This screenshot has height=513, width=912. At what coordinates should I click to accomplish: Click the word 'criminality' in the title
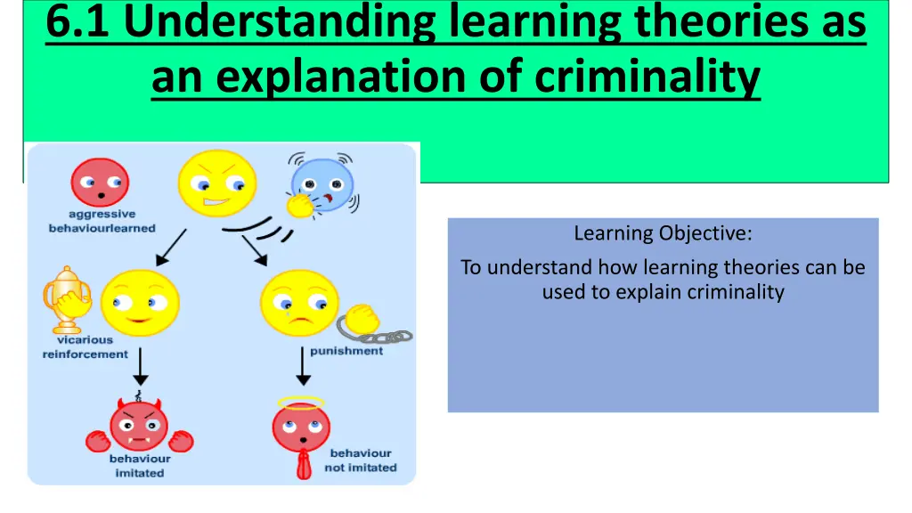tap(647, 77)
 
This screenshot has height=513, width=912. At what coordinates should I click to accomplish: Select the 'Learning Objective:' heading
tap(663, 234)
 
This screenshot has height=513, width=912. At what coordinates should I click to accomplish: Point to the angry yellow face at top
tap(216, 183)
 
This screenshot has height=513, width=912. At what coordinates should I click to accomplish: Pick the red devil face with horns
tap(140, 426)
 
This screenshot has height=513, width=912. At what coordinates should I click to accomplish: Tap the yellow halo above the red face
tap(301, 402)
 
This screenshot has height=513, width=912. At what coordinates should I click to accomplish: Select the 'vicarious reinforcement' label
tap(85, 347)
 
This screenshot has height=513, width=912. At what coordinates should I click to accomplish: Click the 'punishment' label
tap(346, 351)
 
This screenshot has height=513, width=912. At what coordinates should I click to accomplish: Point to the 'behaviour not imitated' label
tap(360, 460)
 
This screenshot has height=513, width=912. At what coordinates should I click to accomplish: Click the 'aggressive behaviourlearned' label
tap(102, 221)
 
